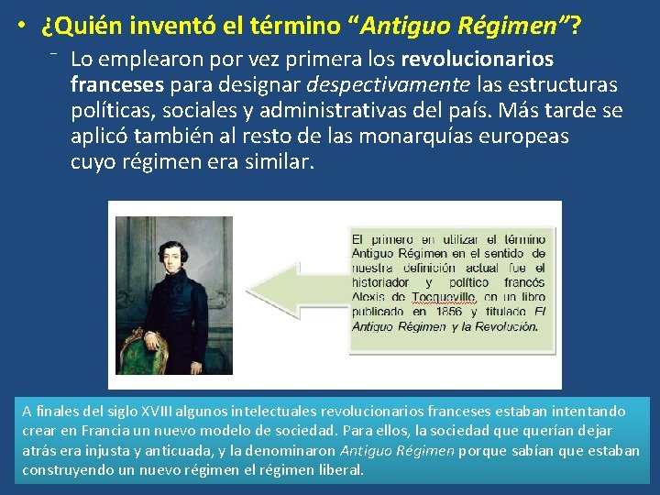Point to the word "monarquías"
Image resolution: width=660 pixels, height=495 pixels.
pos(453,137)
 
